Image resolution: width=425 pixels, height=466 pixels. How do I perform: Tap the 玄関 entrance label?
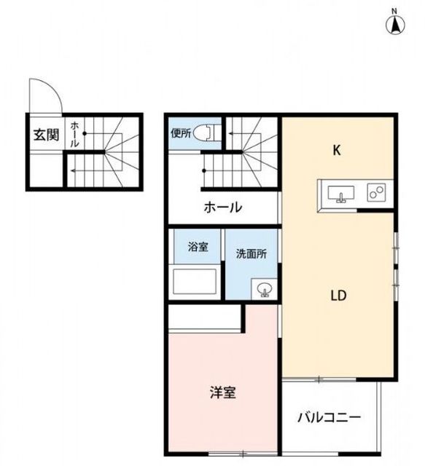point(46,135)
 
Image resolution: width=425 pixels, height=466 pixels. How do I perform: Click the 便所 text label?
point(181,133)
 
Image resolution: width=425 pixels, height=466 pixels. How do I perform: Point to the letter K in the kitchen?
point(337,151)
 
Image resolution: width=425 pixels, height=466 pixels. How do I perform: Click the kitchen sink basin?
point(340,194)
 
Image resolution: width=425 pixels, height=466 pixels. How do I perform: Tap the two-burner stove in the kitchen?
point(376,192)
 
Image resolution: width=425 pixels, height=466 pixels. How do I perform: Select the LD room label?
point(339,296)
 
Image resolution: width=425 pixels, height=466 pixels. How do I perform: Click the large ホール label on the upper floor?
point(223,207)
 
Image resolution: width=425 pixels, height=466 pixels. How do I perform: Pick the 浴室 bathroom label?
point(198,246)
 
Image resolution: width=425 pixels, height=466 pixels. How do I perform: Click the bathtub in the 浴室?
point(195,281)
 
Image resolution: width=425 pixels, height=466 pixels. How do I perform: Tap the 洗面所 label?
point(252,253)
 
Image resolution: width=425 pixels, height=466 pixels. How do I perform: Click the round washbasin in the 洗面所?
point(265,289)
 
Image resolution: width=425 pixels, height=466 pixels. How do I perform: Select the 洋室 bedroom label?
point(223,392)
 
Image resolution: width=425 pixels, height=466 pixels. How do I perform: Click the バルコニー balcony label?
point(330,417)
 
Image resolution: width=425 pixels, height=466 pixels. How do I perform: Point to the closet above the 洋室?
point(204,317)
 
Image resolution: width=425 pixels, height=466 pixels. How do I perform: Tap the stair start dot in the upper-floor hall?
point(204,170)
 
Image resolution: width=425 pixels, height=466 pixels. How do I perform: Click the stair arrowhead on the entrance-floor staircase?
point(72,170)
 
